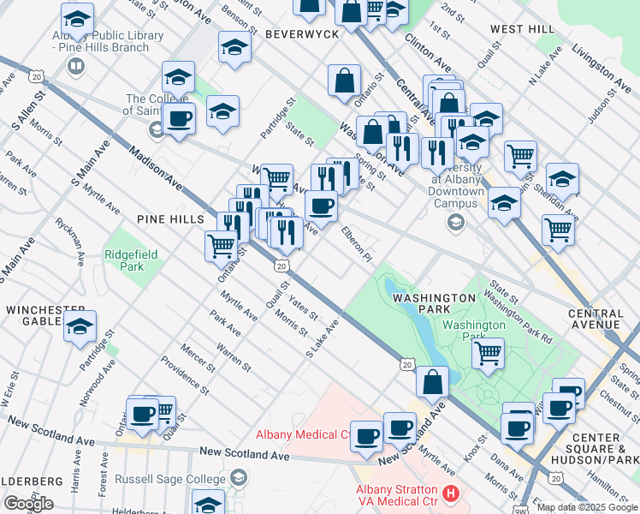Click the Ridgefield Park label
pos(125,260)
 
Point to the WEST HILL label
pos(523,29)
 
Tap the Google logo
pos(28,504)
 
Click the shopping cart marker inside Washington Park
pos(488,353)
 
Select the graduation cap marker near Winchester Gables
pos(80,326)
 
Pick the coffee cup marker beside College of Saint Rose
pos(179,118)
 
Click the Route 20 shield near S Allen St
pos(36,76)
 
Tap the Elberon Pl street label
pos(358,243)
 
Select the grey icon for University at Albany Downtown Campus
pos(456,224)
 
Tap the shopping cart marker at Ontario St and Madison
pos(221,246)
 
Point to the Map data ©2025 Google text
pos(587,507)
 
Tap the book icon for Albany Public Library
pos(76,66)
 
